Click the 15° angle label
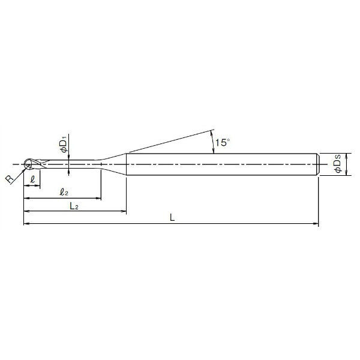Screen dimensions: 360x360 click(222, 142)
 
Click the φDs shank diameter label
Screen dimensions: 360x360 click(337, 163)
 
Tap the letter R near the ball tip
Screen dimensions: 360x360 click(10, 179)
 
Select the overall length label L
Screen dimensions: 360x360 click(172, 217)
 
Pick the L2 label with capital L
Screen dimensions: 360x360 click(74, 206)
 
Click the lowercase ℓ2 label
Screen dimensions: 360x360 click(64, 192)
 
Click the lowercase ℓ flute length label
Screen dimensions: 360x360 click(33, 179)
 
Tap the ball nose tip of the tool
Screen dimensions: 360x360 click(25, 164)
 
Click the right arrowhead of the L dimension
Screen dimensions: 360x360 click(316, 223)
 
